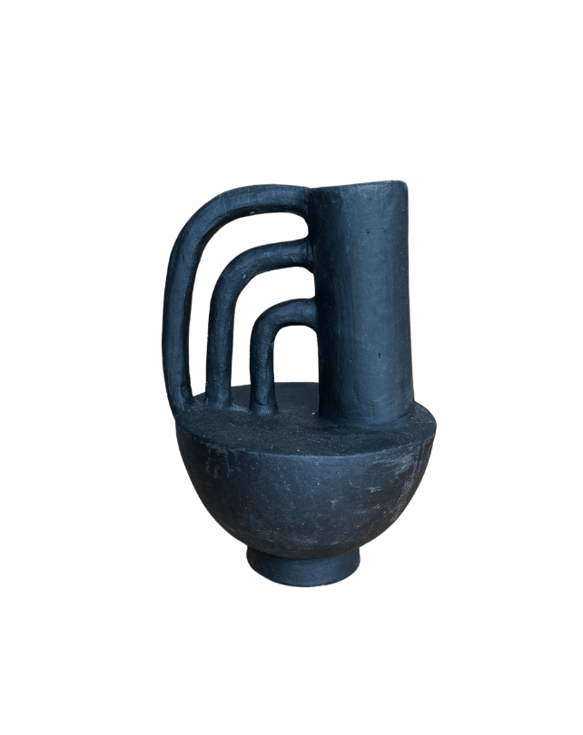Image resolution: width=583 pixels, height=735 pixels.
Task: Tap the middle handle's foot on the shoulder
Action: click(218, 399)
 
